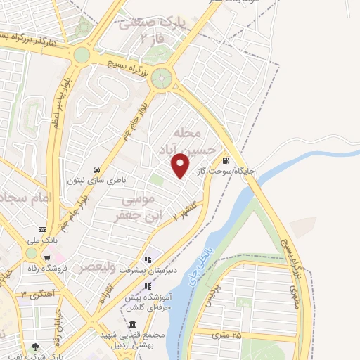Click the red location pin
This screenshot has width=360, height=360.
181,165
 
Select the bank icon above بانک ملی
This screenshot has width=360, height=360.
43,230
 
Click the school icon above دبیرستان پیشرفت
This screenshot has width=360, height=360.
148,258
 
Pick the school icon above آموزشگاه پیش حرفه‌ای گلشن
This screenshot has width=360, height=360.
148,286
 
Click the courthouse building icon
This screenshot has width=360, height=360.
133,324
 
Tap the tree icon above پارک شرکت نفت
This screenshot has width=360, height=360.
35,347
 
